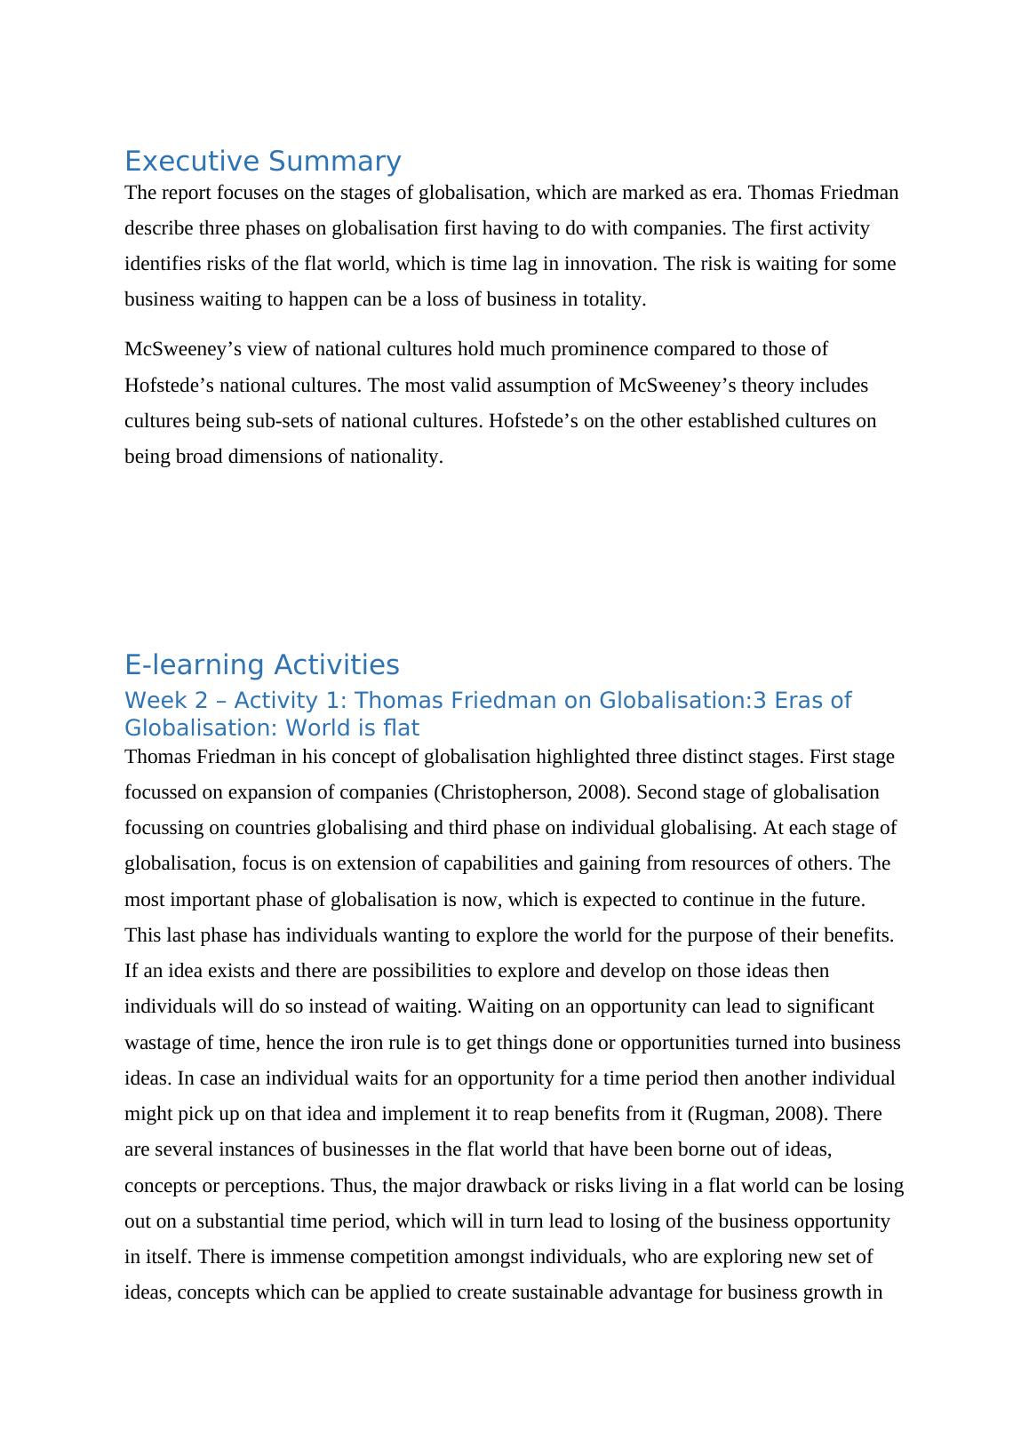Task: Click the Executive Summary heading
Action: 262,162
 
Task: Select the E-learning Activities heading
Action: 262,664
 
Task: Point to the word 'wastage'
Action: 158,1043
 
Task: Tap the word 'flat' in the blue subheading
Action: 403,728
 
